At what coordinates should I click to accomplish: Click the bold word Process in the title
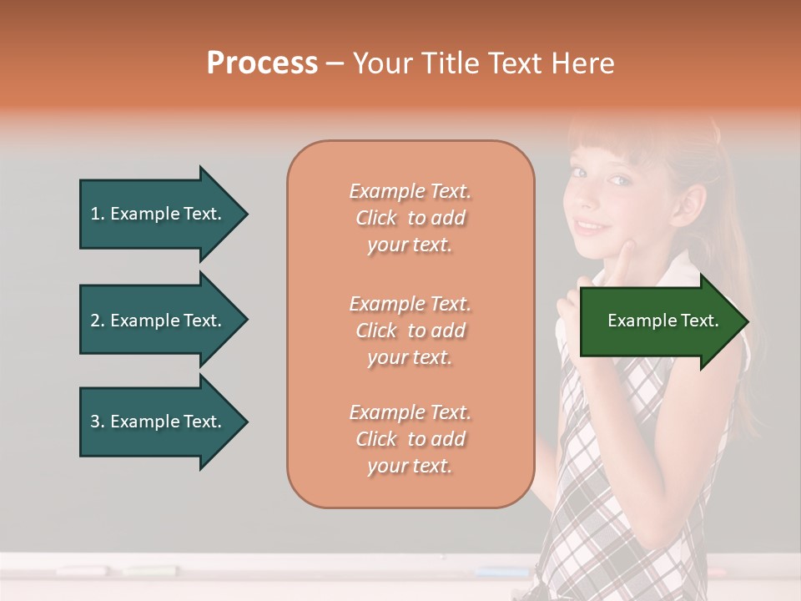(262, 63)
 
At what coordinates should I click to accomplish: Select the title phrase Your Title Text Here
(483, 63)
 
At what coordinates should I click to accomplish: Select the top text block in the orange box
(410, 218)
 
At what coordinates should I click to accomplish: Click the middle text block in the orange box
(410, 331)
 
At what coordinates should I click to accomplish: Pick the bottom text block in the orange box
(410, 439)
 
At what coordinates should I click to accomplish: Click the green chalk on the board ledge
(150, 572)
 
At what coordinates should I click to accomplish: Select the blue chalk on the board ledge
(501, 573)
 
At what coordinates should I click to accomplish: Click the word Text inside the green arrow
(701, 321)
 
